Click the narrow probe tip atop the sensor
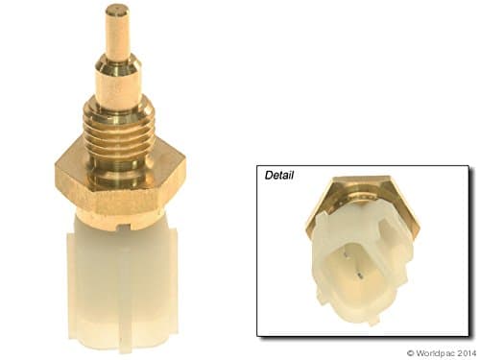118,29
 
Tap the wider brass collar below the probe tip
118,77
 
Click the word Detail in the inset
279,177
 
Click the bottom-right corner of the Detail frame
468,335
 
